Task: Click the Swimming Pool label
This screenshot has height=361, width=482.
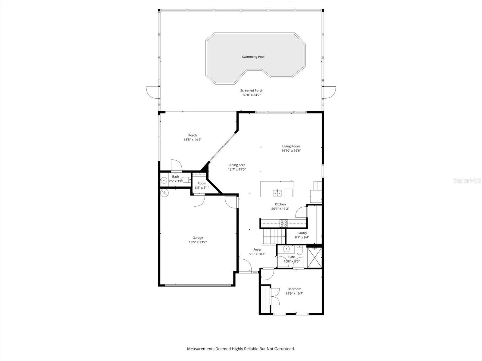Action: click(253, 57)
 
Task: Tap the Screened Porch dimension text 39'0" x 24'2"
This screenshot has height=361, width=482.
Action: click(252, 95)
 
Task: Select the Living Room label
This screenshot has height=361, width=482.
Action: click(291, 146)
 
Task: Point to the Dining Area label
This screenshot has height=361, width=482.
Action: click(237, 165)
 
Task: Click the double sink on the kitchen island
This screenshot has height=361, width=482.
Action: click(277, 193)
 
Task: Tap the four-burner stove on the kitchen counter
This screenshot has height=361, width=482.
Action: click(284, 223)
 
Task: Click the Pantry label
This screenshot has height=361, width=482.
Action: click(302, 233)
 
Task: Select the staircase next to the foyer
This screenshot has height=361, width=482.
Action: click(273, 236)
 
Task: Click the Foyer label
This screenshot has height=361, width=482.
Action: click(257, 249)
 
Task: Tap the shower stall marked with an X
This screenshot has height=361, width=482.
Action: click(315, 258)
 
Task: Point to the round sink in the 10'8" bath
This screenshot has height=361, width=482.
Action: click(286, 249)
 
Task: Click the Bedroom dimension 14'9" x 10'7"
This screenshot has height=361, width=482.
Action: click(294, 293)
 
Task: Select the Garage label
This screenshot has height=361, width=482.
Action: click(198, 238)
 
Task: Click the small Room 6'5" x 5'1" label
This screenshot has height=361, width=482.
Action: click(202, 183)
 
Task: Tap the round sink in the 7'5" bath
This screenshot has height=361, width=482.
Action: click(164, 180)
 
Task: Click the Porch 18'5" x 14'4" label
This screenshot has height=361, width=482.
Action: click(192, 135)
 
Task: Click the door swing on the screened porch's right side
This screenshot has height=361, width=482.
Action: click(330, 92)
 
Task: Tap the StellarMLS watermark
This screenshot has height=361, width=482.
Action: click(467, 180)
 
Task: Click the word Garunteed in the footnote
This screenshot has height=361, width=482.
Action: click(284, 349)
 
